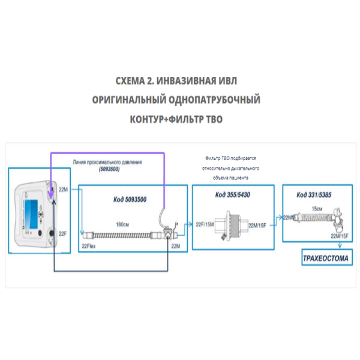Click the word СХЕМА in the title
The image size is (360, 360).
tap(132, 80)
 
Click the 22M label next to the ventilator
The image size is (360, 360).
tap(63, 189)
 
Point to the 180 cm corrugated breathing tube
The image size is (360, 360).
tap(126, 234)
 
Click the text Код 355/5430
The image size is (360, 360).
tap(233, 196)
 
